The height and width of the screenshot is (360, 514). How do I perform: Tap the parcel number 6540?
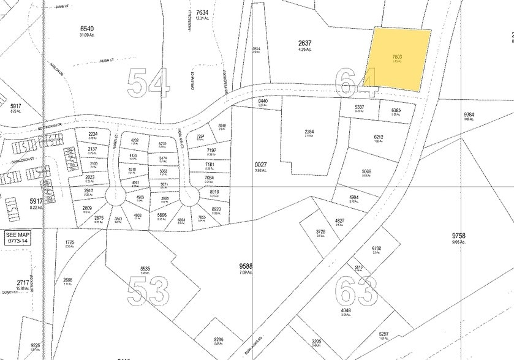(x=90, y=29)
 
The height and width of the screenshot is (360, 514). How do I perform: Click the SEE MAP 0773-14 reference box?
(x=17, y=238)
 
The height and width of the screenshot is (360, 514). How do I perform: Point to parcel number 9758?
(x=459, y=235)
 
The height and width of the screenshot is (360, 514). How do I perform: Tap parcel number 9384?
(x=469, y=114)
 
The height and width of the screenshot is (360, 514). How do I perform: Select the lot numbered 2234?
(x=93, y=134)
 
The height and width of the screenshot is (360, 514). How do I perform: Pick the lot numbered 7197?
(x=211, y=151)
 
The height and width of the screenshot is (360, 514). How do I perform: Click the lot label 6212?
(x=379, y=138)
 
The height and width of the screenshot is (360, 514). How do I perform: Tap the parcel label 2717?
(x=22, y=283)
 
